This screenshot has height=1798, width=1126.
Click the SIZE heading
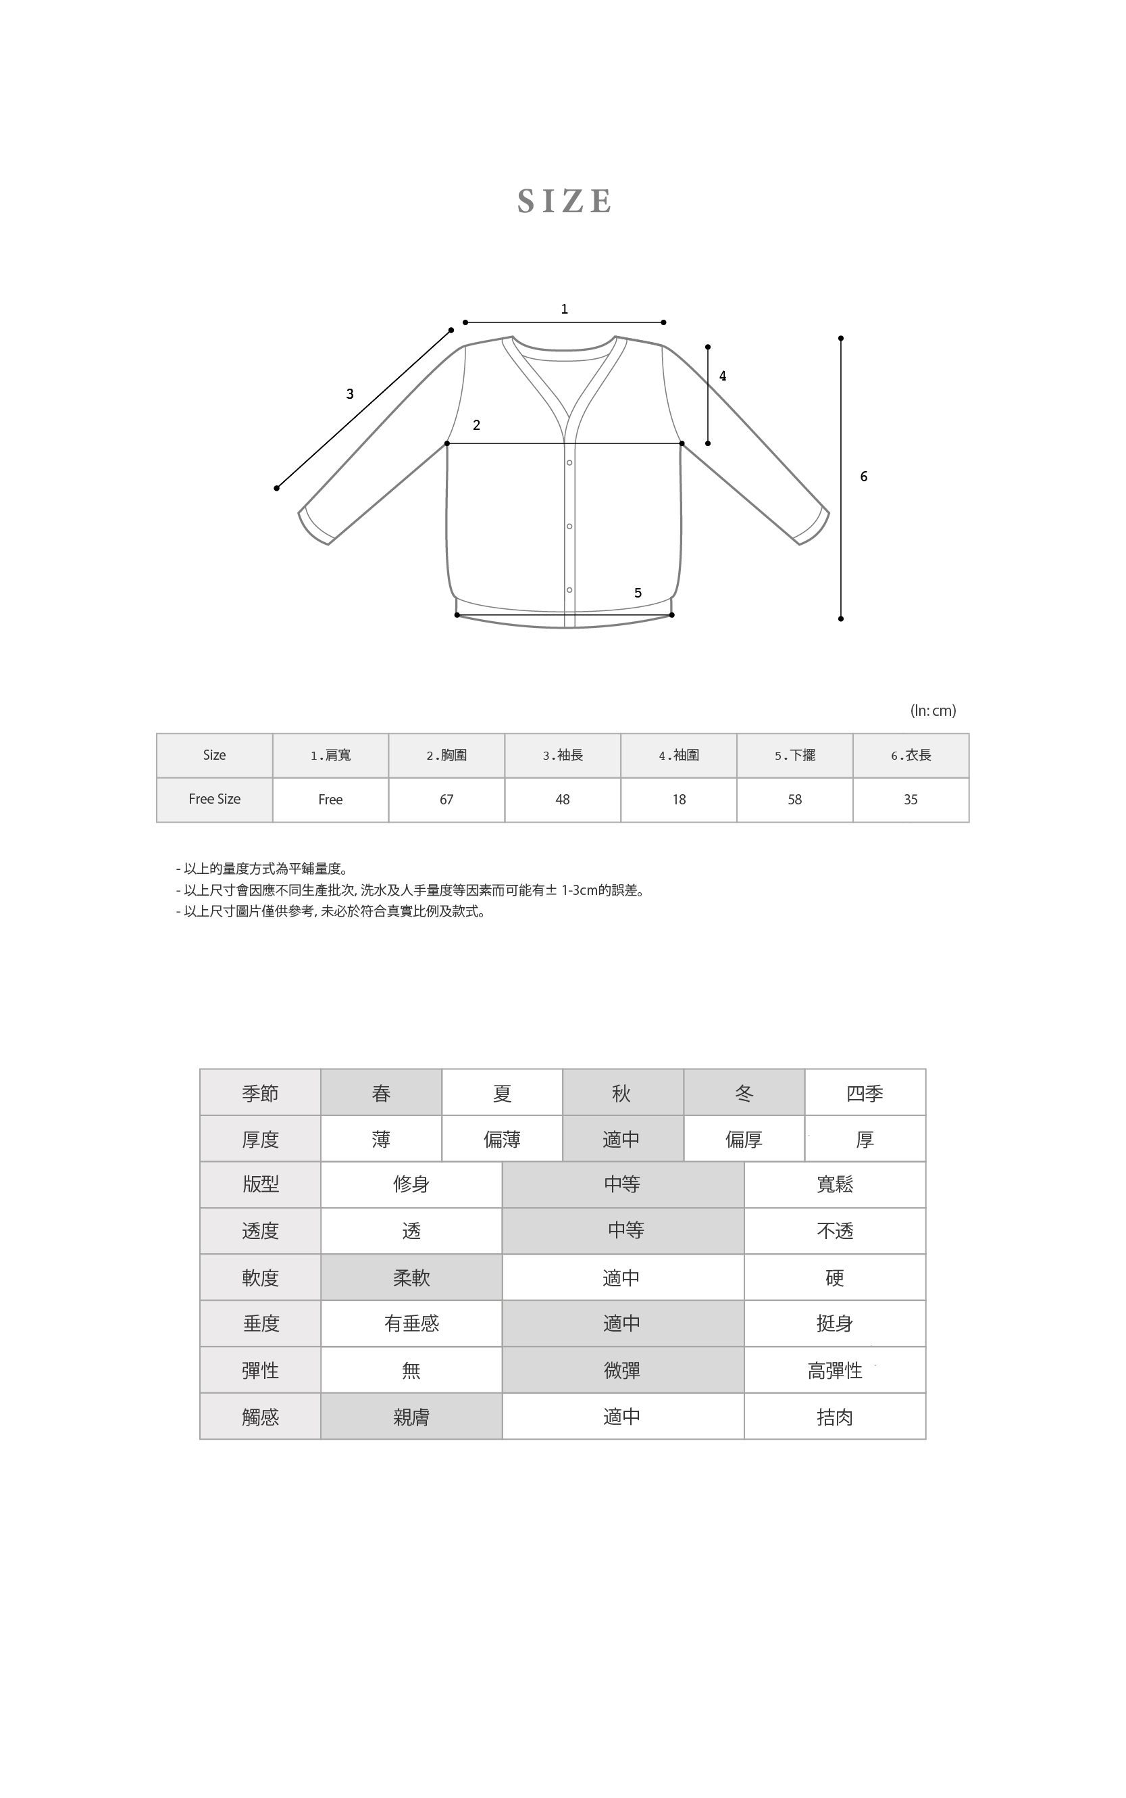(x=565, y=201)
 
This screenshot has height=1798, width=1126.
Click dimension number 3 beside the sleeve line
(x=350, y=394)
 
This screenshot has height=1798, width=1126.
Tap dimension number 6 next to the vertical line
(x=864, y=476)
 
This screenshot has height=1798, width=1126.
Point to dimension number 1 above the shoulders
(x=565, y=309)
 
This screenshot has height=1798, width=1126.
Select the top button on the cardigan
(x=569, y=463)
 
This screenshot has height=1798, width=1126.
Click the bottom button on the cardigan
(x=569, y=590)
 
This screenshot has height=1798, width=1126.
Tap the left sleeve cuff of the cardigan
(x=315, y=526)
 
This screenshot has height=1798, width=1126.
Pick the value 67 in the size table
(x=447, y=800)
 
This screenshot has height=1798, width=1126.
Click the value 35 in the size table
(x=911, y=800)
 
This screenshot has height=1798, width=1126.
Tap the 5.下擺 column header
(x=794, y=756)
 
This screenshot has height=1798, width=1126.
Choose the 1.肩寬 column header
(x=331, y=756)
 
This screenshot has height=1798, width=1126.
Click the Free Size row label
(x=215, y=800)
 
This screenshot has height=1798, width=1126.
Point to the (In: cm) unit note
(x=933, y=711)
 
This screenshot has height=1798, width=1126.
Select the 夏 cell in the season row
(x=502, y=1093)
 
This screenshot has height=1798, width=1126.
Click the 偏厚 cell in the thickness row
(x=744, y=1140)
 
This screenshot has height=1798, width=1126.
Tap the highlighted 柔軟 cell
(x=411, y=1278)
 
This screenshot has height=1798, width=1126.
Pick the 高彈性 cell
(x=835, y=1370)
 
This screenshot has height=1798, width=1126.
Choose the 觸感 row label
(x=260, y=1417)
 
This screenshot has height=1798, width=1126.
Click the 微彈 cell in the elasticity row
(x=623, y=1370)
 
